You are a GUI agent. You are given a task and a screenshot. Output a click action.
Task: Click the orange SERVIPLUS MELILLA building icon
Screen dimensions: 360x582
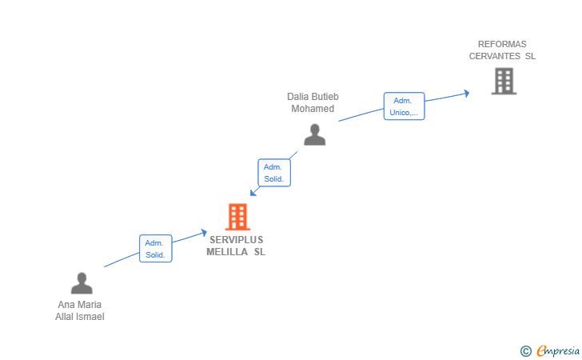pyautogui.click(x=237, y=216)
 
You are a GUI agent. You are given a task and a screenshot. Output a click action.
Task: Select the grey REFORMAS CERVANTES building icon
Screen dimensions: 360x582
pyautogui.click(x=504, y=81)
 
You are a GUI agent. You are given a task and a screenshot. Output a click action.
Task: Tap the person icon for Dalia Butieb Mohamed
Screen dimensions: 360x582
pyautogui.click(x=315, y=134)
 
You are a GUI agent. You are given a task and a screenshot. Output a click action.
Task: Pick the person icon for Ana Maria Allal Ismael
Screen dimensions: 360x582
pyautogui.click(x=82, y=283)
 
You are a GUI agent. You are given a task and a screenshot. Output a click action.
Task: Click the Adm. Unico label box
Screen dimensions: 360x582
pyautogui.click(x=404, y=106)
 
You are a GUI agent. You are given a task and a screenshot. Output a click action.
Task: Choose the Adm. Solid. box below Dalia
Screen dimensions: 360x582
pyautogui.click(x=274, y=173)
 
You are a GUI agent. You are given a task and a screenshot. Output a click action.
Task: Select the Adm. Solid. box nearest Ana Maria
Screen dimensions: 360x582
pyautogui.click(x=155, y=249)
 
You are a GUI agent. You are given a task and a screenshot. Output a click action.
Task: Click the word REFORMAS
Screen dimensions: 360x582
pyautogui.click(x=502, y=45)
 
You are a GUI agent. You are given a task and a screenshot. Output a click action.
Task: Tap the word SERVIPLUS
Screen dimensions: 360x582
pyautogui.click(x=236, y=239)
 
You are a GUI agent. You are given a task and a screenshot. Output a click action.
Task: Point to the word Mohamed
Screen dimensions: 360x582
pyautogui.click(x=313, y=108)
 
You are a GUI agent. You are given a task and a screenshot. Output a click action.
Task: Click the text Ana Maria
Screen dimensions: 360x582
pyautogui.click(x=80, y=305)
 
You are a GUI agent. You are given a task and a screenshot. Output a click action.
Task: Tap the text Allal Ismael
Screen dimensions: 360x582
pyautogui.click(x=80, y=316)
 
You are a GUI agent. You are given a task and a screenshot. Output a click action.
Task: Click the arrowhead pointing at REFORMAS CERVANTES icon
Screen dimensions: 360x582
pyautogui.click(x=467, y=93)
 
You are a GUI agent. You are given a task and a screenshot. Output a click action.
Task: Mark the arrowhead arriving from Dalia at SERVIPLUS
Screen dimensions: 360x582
pyautogui.click(x=253, y=192)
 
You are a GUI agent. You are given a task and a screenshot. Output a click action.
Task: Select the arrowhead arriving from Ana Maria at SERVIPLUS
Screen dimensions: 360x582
pyautogui.click(x=204, y=232)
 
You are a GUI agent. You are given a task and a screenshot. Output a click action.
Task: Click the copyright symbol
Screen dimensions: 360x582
pyautogui.click(x=525, y=350)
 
